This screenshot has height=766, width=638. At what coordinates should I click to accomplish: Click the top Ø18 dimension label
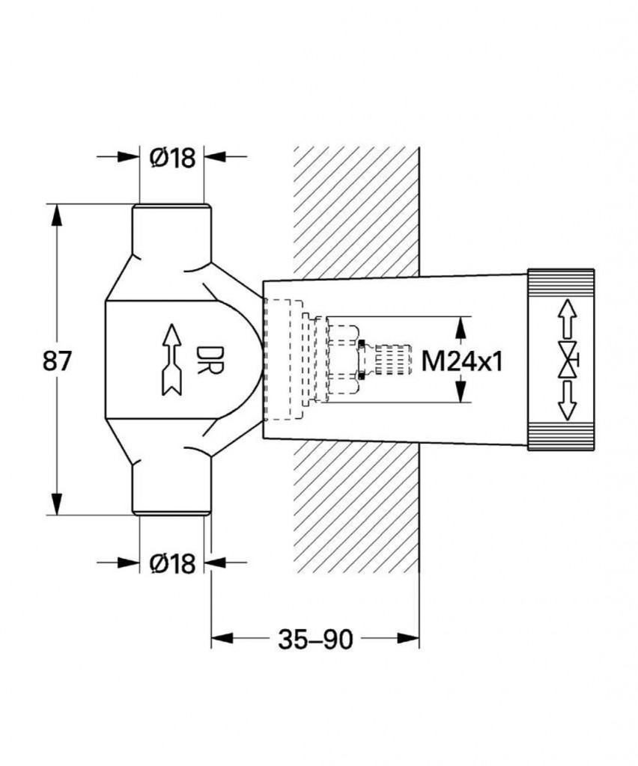[172, 157]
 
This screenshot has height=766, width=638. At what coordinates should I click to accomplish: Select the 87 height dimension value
[57, 361]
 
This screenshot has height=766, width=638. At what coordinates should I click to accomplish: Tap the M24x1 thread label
[462, 362]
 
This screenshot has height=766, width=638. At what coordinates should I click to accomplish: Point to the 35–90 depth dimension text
[315, 639]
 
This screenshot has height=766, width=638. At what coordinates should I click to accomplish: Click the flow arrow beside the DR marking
[171, 359]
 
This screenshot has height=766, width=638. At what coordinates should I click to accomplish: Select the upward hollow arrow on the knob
[567, 319]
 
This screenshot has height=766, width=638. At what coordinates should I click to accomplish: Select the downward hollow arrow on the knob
[567, 401]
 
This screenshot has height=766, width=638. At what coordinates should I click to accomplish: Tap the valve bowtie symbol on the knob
[568, 360]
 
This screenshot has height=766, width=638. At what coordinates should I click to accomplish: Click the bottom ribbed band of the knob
[561, 438]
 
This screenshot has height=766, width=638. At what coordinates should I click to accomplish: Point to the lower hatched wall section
[356, 506]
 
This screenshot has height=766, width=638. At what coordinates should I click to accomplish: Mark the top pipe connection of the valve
[171, 230]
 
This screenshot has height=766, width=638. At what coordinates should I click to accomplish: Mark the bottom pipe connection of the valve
[171, 488]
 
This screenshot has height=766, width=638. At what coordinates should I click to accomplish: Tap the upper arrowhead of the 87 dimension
[57, 215]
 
